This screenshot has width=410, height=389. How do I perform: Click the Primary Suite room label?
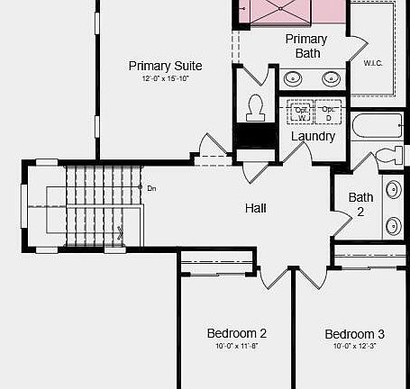click(x=165, y=66)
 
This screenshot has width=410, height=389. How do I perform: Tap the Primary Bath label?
click(x=307, y=46)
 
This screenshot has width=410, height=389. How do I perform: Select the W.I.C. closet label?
click(x=374, y=63)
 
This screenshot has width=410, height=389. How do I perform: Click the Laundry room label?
click(x=313, y=136)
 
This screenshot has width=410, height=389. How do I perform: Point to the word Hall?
click(x=256, y=208)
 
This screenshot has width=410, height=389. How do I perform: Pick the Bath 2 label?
click(x=361, y=204)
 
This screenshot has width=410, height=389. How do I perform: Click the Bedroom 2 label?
click(x=236, y=333)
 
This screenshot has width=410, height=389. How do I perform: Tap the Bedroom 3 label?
click(x=354, y=334)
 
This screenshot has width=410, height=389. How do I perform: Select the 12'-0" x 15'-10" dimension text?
click(x=165, y=80)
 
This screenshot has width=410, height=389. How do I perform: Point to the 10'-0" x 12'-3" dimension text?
click(x=354, y=347)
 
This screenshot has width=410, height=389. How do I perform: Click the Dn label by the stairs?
click(x=152, y=188)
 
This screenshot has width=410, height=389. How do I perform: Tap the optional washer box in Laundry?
click(x=301, y=113)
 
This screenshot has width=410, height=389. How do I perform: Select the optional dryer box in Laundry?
click(x=328, y=113)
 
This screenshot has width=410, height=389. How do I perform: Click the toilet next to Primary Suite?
click(x=253, y=106)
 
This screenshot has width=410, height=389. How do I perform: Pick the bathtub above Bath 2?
click(x=378, y=126)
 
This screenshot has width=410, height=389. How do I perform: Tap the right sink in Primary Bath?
click(x=332, y=77)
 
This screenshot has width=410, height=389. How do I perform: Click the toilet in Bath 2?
click(x=389, y=154)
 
